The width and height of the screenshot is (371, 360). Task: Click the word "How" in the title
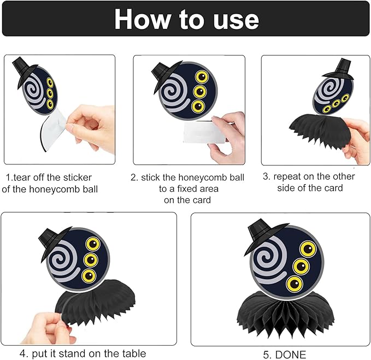[x=142, y=20]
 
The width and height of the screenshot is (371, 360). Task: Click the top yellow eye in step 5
[x=308, y=249]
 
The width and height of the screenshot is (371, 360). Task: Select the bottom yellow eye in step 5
[x=295, y=284]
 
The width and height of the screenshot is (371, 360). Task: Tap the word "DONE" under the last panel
[x=291, y=355]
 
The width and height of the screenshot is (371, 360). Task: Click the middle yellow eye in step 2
[x=200, y=92]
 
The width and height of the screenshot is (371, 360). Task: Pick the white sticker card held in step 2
[x=203, y=132]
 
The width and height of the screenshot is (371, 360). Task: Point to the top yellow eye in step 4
[x=93, y=244]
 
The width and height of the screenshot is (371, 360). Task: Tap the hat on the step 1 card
[x=24, y=72]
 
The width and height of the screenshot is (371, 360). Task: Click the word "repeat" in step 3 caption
[x=287, y=177]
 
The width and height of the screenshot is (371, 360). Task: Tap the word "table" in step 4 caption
[x=134, y=353]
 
